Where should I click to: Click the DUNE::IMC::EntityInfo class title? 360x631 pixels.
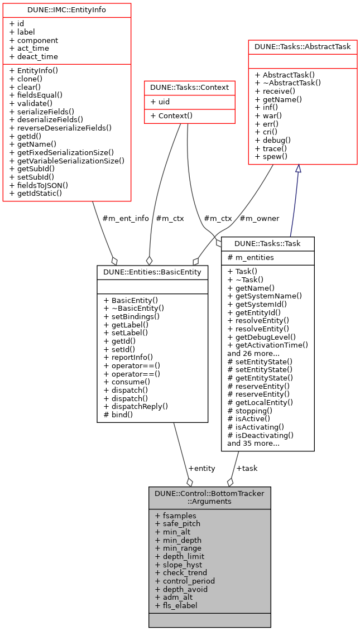point(67,10)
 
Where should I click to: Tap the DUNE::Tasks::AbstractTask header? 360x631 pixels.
point(303,47)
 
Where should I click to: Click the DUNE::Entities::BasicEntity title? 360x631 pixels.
point(152,272)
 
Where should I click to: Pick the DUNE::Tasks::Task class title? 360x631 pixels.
point(268,243)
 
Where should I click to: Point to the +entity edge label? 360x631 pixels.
point(201,468)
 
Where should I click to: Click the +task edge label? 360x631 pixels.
point(247,468)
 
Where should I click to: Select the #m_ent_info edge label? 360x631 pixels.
point(126,218)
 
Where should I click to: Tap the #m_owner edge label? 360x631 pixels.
point(259,218)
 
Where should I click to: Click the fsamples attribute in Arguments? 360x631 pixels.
point(175,516)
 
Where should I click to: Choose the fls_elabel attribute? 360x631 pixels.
point(176,605)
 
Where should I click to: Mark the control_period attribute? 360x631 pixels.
point(185,581)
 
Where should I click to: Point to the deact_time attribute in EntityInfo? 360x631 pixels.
point(33,56)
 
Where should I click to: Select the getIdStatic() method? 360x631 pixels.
point(36,193)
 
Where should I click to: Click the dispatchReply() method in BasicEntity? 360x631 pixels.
point(136,406)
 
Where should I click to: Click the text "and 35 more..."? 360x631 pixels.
point(253,444)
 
